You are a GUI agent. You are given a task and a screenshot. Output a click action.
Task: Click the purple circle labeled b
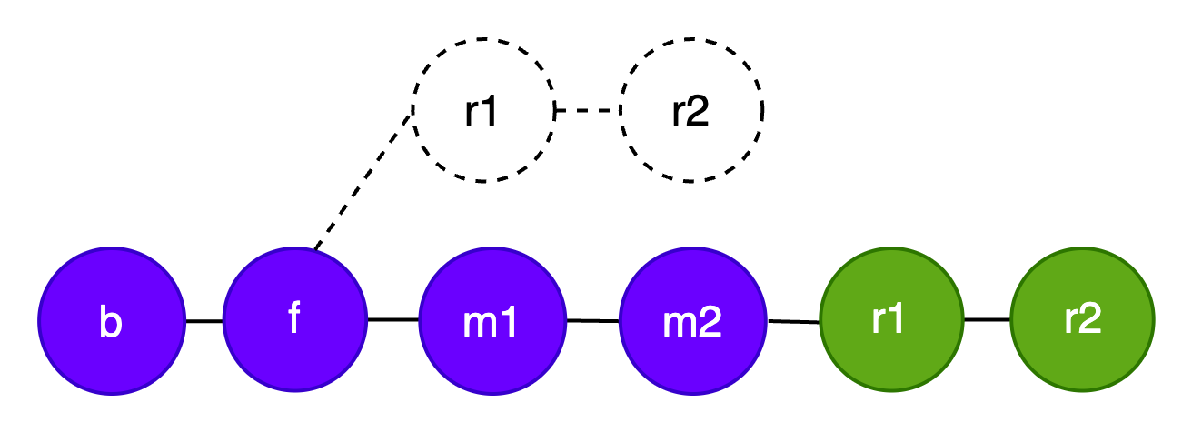click(112, 321)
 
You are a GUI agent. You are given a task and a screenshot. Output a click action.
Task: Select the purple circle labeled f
click(294, 319)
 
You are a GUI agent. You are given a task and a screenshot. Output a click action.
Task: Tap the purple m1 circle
click(492, 321)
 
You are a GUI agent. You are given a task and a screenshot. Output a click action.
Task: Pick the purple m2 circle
click(692, 321)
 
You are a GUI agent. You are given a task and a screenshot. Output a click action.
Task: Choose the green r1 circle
click(891, 319)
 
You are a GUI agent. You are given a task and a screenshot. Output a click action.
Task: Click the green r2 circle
click(1082, 319)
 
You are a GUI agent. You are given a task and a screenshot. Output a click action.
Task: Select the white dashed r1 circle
click(483, 110)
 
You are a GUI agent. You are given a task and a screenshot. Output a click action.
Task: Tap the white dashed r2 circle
click(691, 110)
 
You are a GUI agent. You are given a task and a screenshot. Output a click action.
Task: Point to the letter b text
click(111, 323)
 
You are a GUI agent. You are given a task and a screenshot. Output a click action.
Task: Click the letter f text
click(293, 318)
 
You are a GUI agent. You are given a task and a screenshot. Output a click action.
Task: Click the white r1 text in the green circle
click(888, 319)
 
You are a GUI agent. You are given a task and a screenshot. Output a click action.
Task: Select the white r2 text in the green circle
click(1082, 319)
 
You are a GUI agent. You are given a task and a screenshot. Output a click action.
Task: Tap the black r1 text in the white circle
click(482, 111)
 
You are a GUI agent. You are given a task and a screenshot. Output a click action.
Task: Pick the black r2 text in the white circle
click(690, 111)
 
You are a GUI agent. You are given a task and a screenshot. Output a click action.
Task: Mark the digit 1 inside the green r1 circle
click(897, 319)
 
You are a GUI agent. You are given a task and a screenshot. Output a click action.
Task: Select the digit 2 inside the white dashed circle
click(698, 111)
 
